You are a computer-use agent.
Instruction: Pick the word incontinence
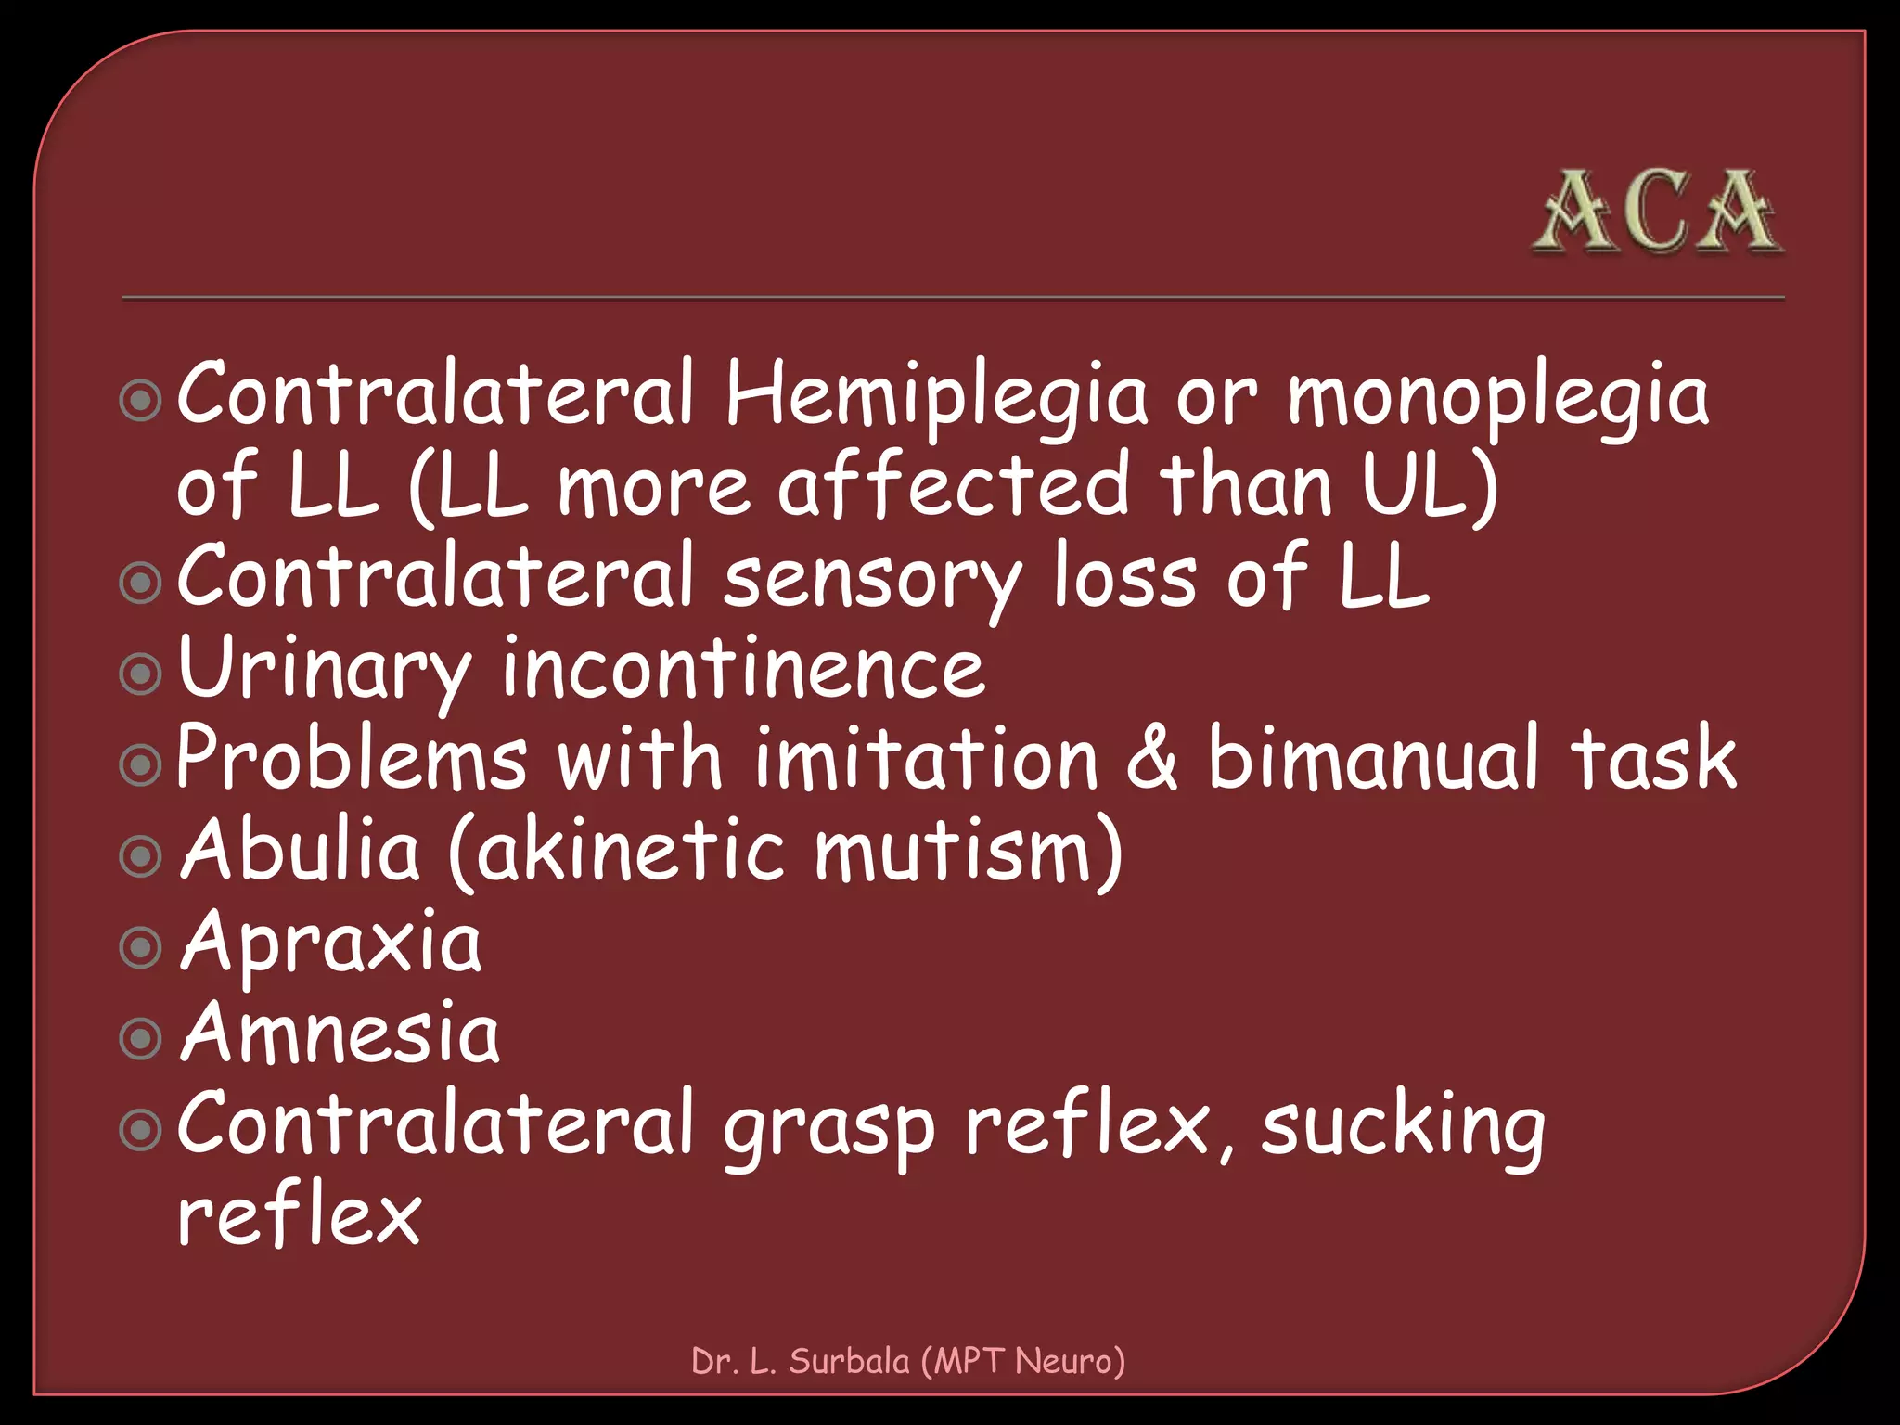tap(742, 668)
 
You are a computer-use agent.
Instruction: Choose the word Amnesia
tap(340, 1033)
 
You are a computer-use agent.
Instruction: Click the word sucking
tap(1403, 1128)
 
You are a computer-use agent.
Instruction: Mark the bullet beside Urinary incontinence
tap(141, 674)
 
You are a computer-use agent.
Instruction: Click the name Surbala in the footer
tap(849, 1361)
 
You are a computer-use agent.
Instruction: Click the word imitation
tap(926, 759)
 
